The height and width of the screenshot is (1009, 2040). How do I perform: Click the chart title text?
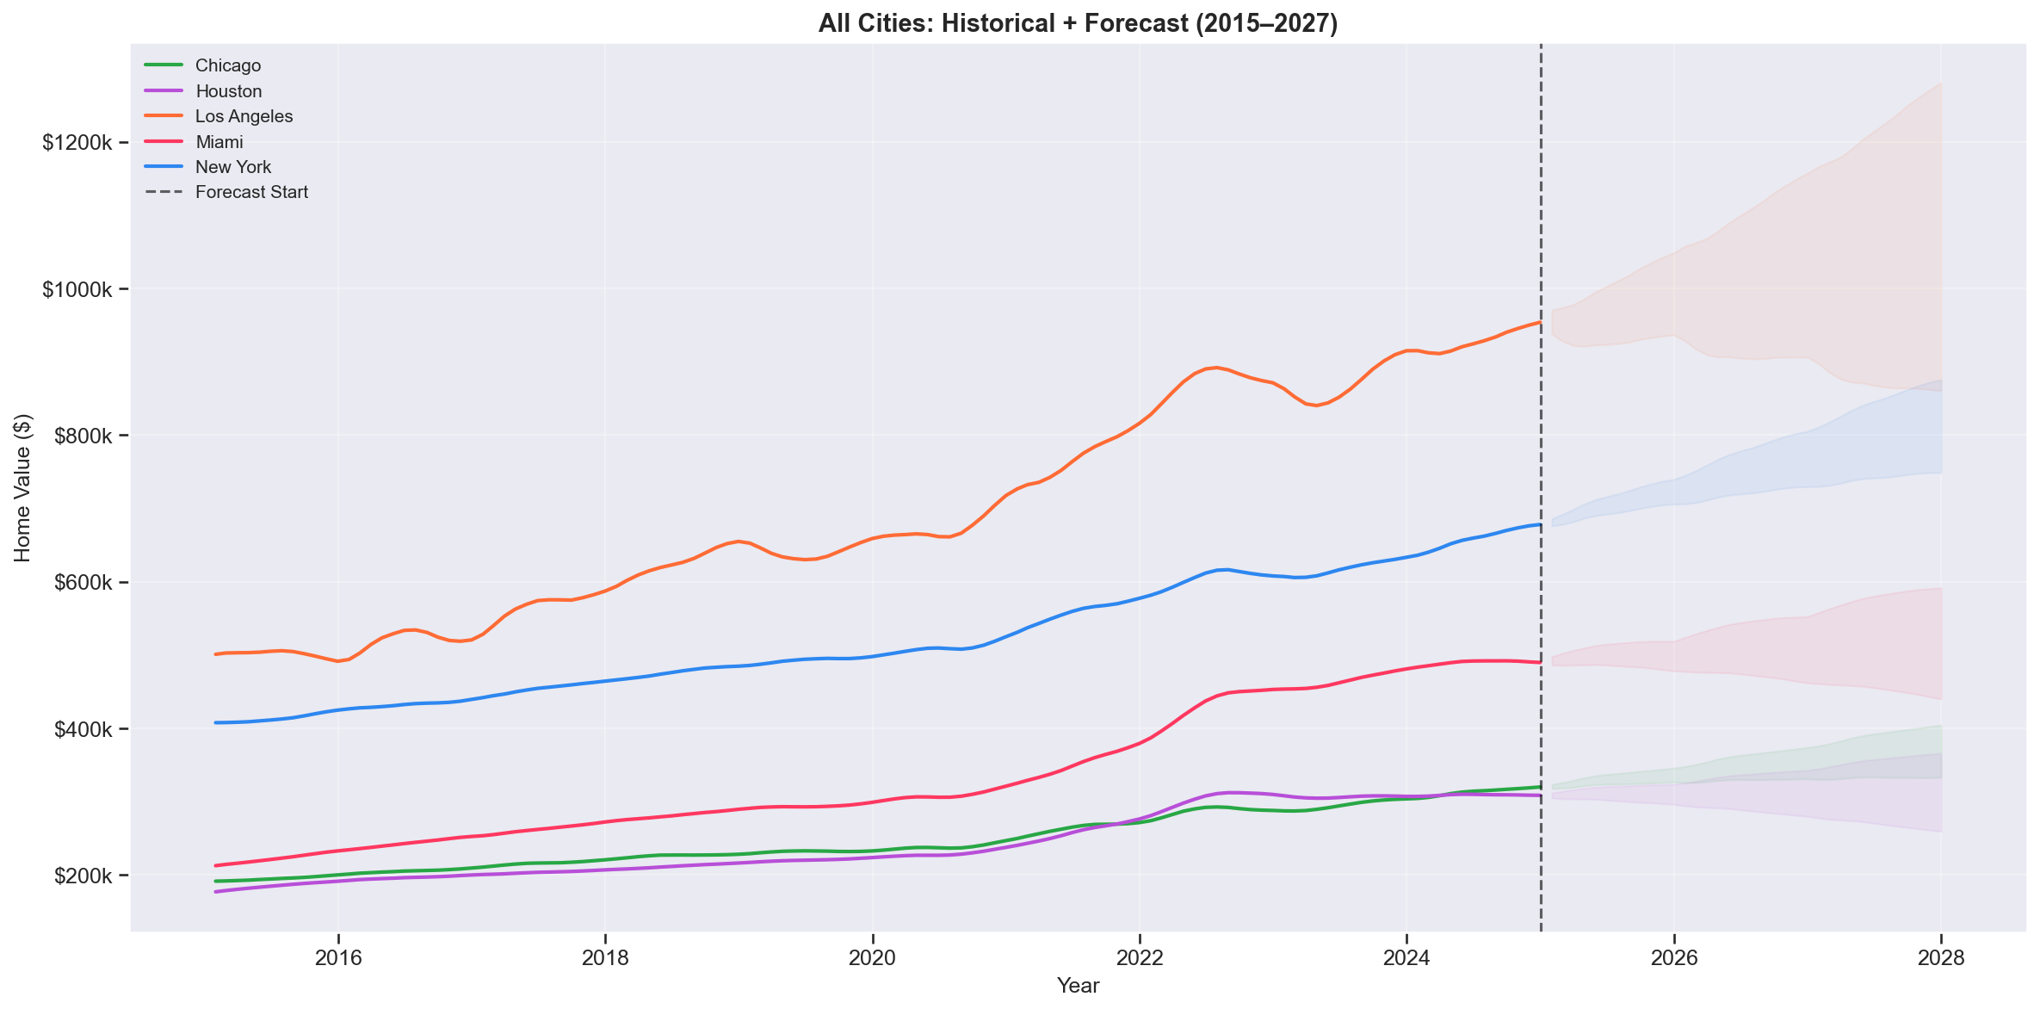coord(1078,23)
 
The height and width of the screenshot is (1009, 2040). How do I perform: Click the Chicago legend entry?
coord(227,65)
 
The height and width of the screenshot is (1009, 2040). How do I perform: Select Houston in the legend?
coord(228,91)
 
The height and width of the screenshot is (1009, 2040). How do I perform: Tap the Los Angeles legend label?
coord(244,116)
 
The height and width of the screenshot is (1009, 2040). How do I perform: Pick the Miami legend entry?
coord(219,142)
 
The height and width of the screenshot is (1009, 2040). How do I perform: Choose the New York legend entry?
coord(232,167)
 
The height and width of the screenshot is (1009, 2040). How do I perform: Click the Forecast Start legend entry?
coord(251,192)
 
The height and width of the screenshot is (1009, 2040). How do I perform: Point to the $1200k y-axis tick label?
coord(77,143)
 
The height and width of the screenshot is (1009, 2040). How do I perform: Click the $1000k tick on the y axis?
coord(77,289)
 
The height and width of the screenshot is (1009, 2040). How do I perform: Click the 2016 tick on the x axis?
coord(338,959)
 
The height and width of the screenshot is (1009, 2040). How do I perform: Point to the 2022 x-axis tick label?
coord(1140,959)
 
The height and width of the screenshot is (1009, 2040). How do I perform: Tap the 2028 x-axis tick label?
coord(1941,959)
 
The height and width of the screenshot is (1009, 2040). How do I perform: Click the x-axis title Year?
coord(1078,987)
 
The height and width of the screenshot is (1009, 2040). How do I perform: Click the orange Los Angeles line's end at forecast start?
coord(1539,322)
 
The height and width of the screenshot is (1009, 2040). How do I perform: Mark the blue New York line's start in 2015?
coord(216,722)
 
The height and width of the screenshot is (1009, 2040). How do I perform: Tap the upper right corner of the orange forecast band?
coord(1940,84)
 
